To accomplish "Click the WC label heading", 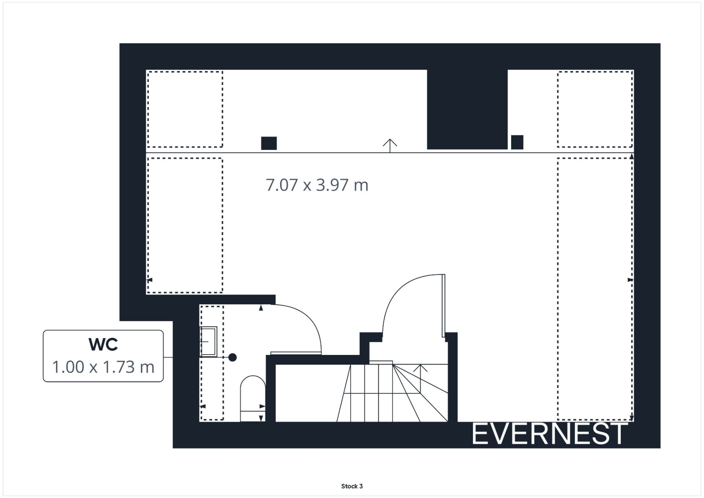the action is (x=103, y=344).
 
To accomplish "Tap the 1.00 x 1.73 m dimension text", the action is (x=103, y=367).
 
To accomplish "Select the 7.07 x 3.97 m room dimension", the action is (x=317, y=185).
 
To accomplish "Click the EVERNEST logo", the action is (x=549, y=434).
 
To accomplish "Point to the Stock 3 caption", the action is (x=352, y=486).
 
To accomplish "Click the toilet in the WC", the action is (x=253, y=398).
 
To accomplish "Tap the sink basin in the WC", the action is (x=208, y=342).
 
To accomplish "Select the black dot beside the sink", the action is (x=232, y=357).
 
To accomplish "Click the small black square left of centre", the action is (x=269, y=143).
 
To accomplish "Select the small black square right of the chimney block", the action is (x=517, y=142).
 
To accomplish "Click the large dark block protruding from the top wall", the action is (x=467, y=109).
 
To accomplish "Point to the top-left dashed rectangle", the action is (x=185, y=109).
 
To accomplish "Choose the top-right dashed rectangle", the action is (x=595, y=109).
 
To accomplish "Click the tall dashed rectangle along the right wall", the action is (x=595, y=289).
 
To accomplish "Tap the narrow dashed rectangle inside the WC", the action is (x=212, y=363).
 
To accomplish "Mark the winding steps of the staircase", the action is (x=420, y=392).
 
